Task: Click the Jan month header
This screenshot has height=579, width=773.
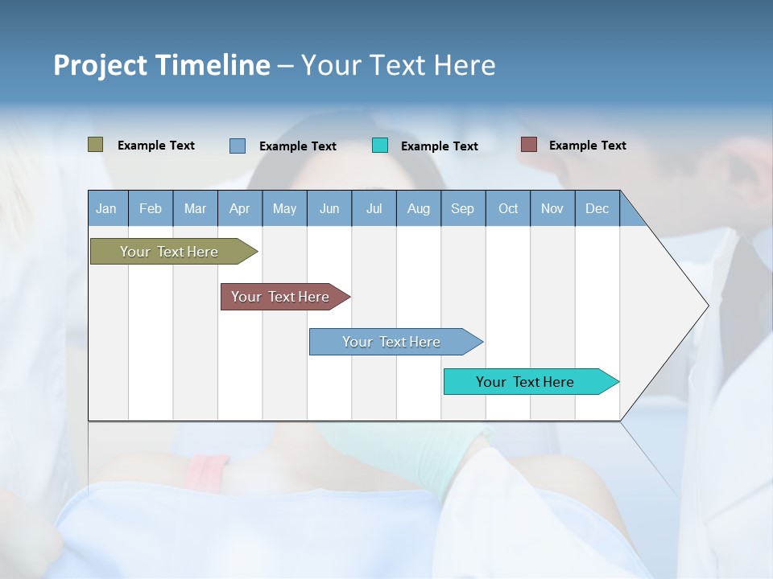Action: tap(107, 208)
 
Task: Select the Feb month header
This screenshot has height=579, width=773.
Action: tap(151, 208)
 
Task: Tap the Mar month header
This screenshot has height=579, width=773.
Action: tap(195, 208)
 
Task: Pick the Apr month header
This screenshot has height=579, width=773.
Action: tap(240, 208)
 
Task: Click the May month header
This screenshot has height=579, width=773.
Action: tap(284, 208)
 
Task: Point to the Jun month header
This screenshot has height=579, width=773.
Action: tap(329, 208)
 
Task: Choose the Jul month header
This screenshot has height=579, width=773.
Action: tap(374, 208)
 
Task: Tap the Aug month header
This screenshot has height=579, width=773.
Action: tap(419, 208)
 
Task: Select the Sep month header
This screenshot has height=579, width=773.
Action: tap(463, 208)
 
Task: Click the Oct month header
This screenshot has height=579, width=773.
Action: tap(508, 208)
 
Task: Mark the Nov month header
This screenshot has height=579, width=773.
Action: tap(552, 208)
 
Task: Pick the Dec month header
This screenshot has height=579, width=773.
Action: tap(597, 208)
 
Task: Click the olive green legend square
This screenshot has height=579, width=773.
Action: tap(96, 145)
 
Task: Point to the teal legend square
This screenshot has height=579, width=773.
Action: tap(380, 146)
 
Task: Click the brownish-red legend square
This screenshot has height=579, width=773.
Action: tap(529, 145)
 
